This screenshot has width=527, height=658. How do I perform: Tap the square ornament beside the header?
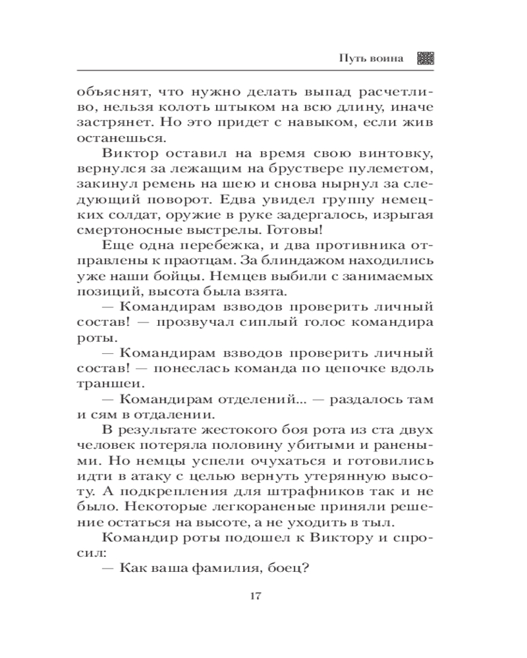point(426,58)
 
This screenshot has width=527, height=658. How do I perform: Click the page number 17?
point(256,597)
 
